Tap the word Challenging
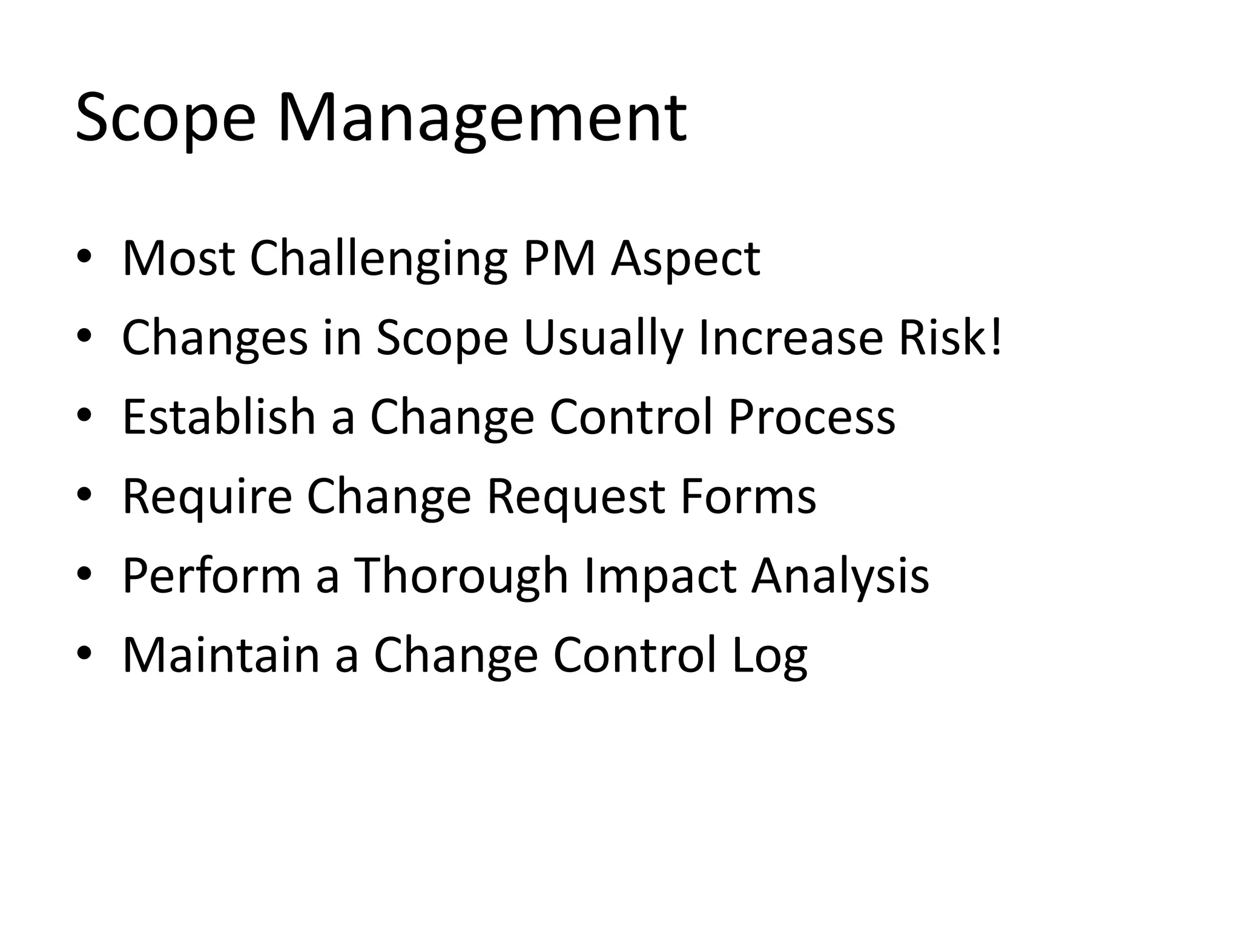[378, 260]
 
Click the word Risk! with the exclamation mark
[951, 337]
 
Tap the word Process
[811, 418]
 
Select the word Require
[207, 496]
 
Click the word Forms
[748, 496]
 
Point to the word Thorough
[461, 576]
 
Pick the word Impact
[660, 576]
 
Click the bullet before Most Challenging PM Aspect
[84, 259]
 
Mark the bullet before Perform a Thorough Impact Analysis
[84, 575]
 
